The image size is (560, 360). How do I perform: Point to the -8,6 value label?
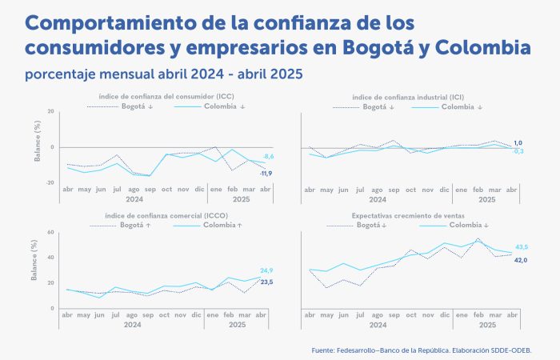coord(269,157)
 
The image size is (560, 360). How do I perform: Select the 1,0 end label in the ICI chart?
coord(518,142)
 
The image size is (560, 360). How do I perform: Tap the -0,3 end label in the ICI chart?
coord(518,151)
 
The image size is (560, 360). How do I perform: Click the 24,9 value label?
coord(267,270)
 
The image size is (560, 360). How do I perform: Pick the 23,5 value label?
coord(267,282)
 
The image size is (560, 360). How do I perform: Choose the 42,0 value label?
coord(521,259)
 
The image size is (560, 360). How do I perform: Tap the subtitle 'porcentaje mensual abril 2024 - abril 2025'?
coord(164,74)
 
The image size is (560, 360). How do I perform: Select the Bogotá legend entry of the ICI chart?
coord(381,106)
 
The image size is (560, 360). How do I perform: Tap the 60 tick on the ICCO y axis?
coord(50,233)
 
